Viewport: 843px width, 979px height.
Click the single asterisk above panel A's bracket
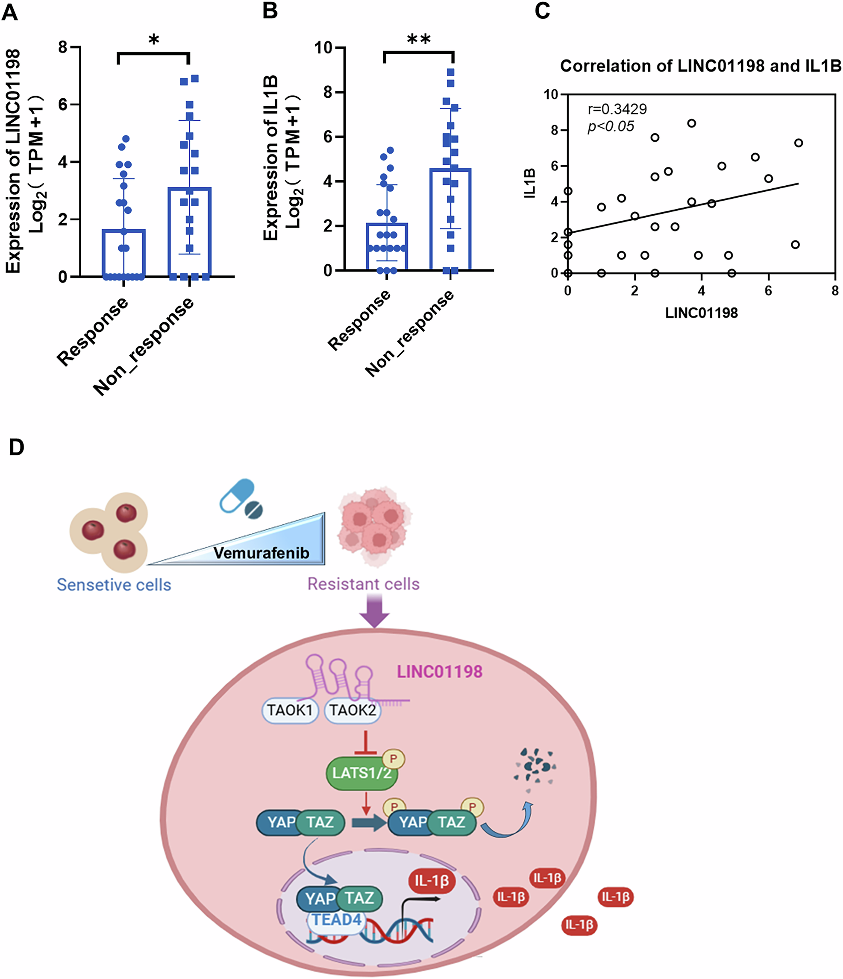click(x=154, y=41)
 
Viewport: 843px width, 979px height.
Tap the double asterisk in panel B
click(x=418, y=40)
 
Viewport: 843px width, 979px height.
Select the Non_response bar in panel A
click(x=189, y=231)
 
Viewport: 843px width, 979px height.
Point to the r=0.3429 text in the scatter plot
click(x=617, y=109)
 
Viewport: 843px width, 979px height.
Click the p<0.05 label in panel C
click(x=611, y=127)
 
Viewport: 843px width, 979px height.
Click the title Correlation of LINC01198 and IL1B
click(x=700, y=66)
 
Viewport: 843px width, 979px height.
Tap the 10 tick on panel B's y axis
click(x=324, y=47)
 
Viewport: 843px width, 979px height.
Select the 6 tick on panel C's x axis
click(x=768, y=291)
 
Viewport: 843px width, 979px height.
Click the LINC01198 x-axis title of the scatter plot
click(x=701, y=313)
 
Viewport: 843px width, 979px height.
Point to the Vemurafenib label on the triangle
click(x=261, y=553)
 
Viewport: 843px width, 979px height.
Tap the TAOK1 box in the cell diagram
click(x=290, y=710)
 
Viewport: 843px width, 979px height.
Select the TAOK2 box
click(x=352, y=710)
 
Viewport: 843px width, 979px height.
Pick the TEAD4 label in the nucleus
click(x=337, y=920)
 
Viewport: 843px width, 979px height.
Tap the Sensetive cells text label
click(x=114, y=585)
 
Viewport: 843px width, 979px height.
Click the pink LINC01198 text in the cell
click(x=439, y=672)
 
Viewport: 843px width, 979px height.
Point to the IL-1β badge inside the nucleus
click(x=431, y=881)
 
